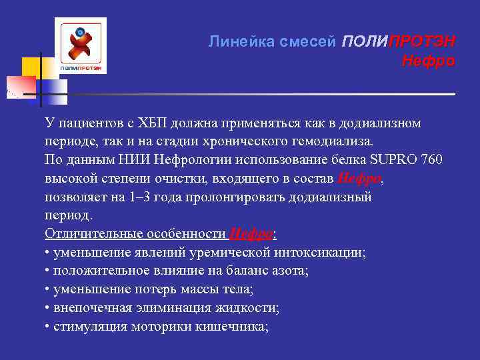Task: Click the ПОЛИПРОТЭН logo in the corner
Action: click(x=81, y=46)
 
